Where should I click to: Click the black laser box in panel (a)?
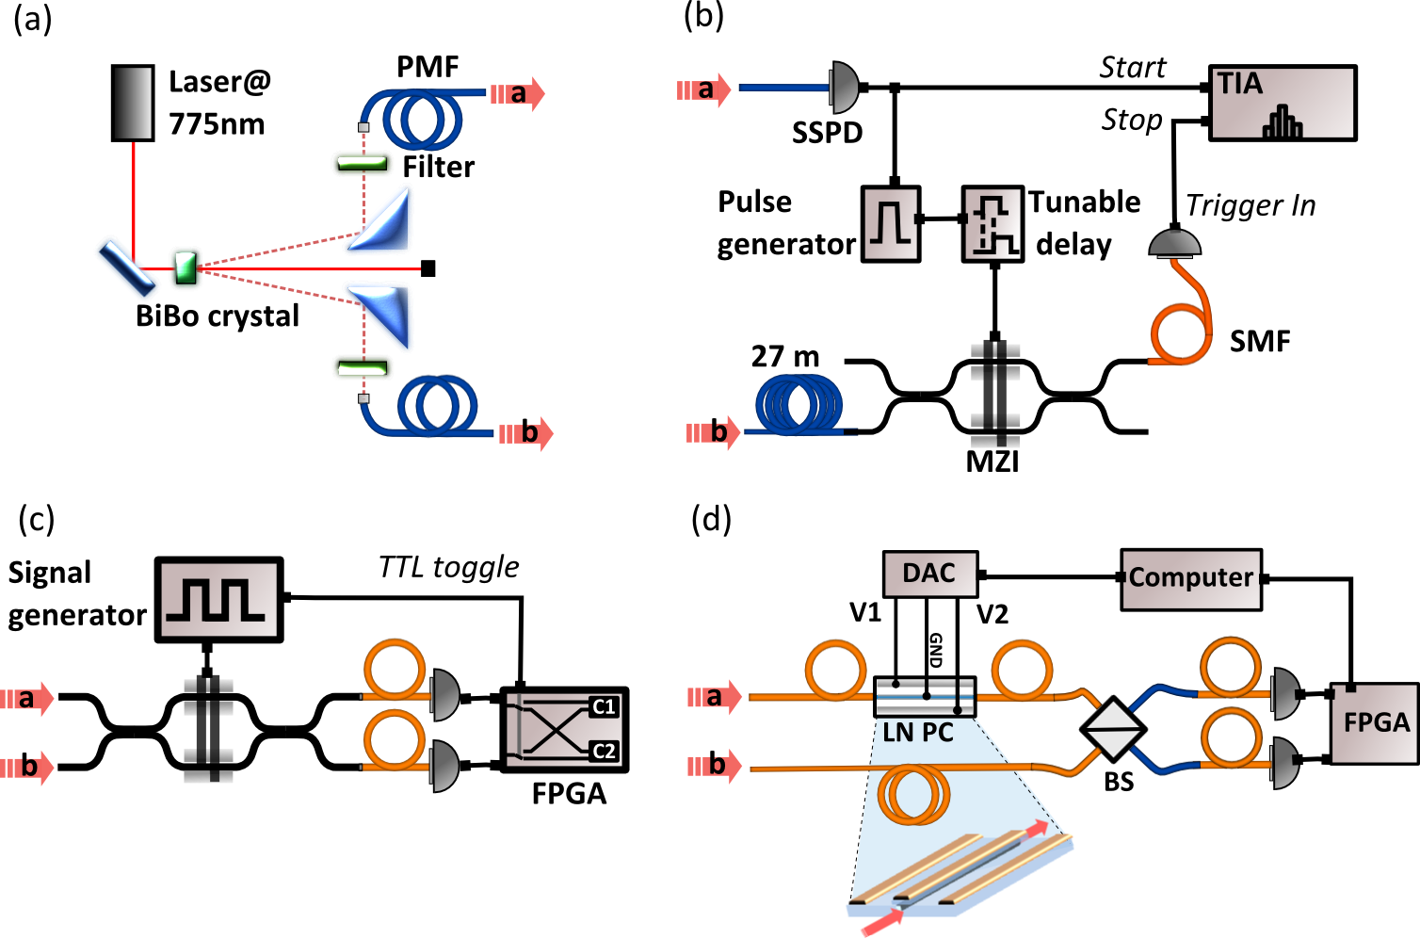click(133, 104)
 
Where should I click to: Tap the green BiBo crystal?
click(186, 267)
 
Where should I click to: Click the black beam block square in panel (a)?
click(428, 269)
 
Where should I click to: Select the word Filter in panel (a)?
click(439, 168)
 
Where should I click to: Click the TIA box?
click(1283, 104)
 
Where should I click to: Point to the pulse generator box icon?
click(890, 223)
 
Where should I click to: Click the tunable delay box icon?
click(992, 224)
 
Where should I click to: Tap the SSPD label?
click(827, 134)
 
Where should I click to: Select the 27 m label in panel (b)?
click(784, 357)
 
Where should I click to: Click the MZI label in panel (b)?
click(992, 461)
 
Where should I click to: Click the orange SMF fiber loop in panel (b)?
click(1181, 334)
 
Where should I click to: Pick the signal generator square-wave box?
click(218, 600)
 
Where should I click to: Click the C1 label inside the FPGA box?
click(604, 706)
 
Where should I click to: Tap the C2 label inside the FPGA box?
click(604, 751)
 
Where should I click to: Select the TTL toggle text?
click(448, 567)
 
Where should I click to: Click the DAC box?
click(929, 574)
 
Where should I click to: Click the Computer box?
click(1190, 578)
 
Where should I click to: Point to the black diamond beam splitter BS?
click(1113, 729)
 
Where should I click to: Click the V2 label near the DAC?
click(992, 615)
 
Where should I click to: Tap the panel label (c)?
click(37, 520)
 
